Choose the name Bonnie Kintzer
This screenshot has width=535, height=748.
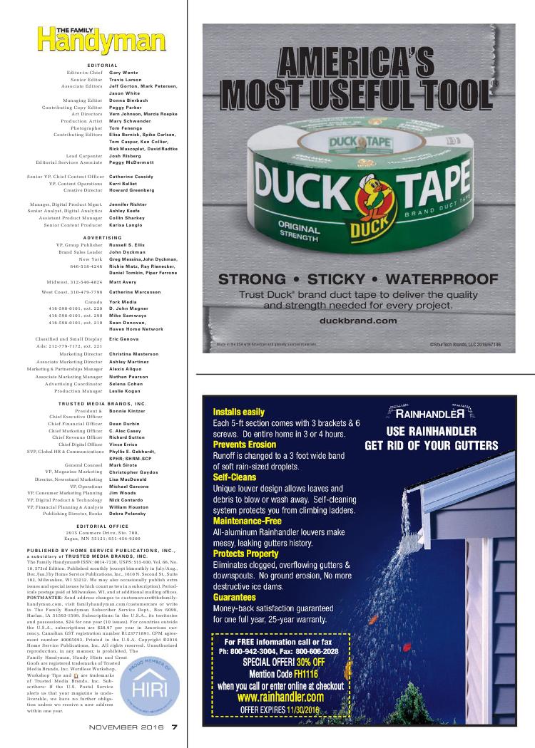[128, 412]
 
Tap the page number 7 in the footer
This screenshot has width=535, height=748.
[174, 727]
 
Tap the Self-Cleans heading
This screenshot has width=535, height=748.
[236, 477]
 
